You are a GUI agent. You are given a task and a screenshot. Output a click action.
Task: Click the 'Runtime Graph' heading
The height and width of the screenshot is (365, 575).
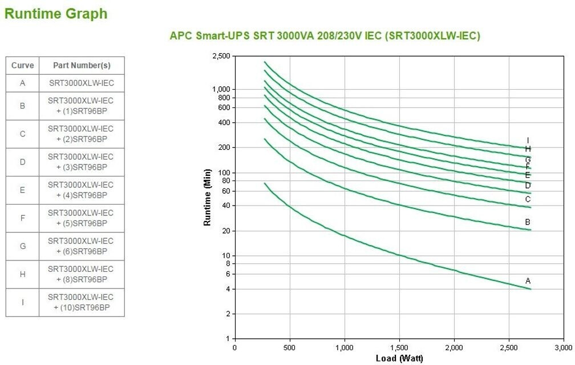click(56, 14)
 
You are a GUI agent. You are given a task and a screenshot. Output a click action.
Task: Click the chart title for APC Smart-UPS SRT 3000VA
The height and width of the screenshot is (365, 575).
click(325, 36)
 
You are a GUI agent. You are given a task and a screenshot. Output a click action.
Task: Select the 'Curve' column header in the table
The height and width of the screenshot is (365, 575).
click(23, 66)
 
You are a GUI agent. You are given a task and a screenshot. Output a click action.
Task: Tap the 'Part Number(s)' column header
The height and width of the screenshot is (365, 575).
click(82, 66)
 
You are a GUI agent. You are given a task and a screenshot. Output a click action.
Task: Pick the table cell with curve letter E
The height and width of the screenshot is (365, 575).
click(23, 190)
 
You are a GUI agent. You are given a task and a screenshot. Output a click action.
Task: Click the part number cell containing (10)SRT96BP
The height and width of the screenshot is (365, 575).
click(82, 303)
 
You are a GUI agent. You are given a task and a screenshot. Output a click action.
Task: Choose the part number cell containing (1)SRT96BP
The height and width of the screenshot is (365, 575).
click(82, 106)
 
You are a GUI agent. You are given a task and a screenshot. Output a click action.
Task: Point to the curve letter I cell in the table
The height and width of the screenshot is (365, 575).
click(23, 303)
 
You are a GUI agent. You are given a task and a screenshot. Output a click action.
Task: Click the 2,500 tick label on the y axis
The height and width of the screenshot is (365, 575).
click(221, 57)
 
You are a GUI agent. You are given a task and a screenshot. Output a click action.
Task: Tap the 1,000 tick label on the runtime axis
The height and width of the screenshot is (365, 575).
click(221, 90)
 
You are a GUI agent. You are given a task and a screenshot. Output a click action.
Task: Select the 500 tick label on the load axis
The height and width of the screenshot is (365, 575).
click(290, 347)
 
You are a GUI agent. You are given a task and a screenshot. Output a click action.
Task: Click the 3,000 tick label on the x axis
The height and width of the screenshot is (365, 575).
click(564, 347)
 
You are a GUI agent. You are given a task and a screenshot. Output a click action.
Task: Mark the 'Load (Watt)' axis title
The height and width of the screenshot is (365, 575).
click(399, 358)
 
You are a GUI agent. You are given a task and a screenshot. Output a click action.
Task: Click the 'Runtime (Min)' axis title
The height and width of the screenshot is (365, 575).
click(208, 197)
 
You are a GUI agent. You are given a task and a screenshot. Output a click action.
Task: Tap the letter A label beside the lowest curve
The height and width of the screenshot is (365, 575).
click(528, 281)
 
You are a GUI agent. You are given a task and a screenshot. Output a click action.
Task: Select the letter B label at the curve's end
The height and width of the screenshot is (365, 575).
click(528, 222)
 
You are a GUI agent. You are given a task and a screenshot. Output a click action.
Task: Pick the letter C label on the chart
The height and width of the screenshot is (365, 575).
click(528, 199)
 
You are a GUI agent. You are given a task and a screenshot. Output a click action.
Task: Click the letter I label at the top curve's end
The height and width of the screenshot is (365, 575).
click(528, 141)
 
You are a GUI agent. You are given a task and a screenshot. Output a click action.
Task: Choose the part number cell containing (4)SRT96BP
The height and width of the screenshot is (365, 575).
click(82, 190)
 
